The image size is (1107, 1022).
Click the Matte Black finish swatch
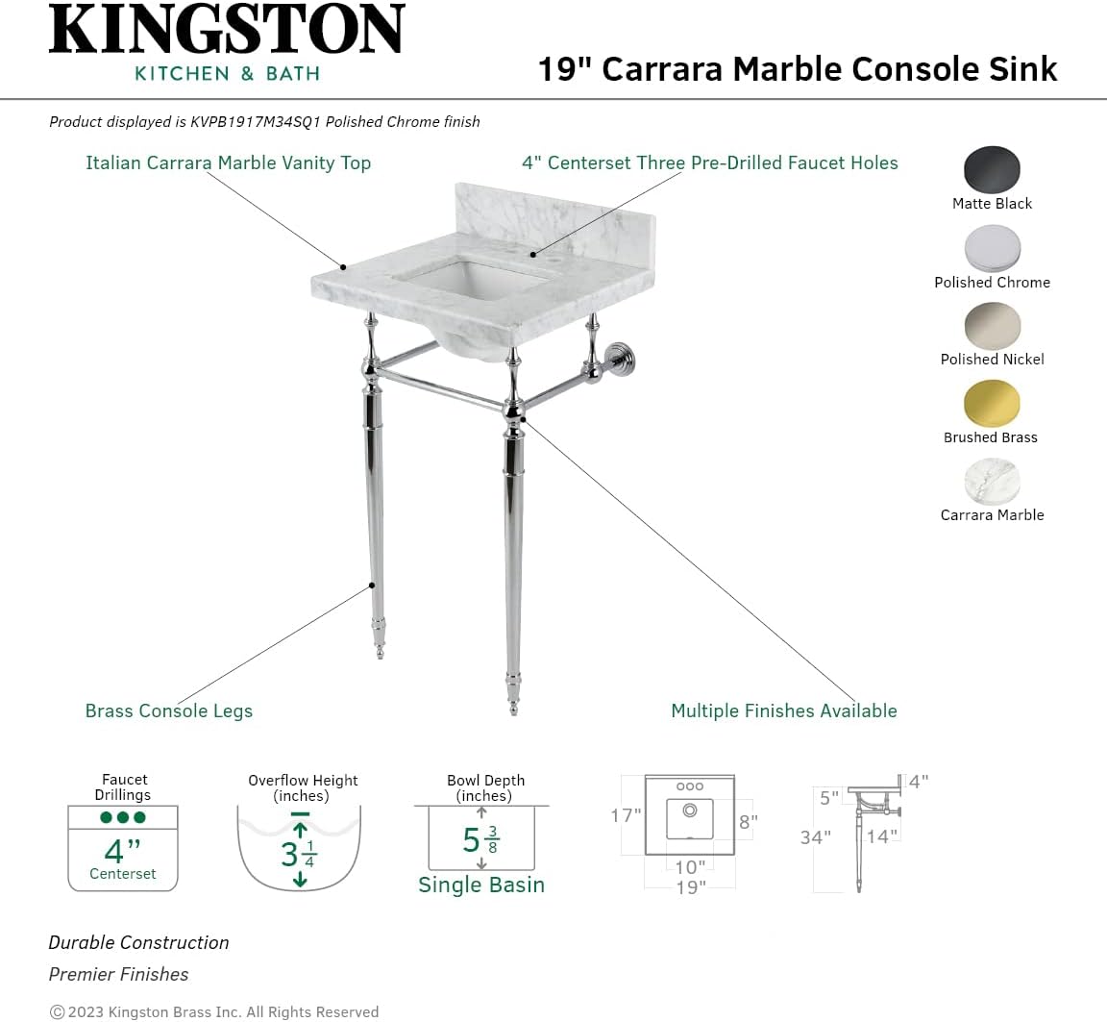pos(992,170)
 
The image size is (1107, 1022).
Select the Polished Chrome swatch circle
pos(992,249)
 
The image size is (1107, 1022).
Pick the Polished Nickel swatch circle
pos(992,326)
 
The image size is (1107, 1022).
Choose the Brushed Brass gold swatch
pos(991,404)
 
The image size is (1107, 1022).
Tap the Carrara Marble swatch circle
pos(992,482)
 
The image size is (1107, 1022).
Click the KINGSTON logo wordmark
pos(227,31)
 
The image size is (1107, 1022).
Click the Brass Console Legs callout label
pos(169,711)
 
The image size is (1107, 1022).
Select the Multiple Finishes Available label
pos(783,711)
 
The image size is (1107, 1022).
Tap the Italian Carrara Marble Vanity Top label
pos(228,162)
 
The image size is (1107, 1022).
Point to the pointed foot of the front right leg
pos(513,702)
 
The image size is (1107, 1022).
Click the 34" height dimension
pos(815,837)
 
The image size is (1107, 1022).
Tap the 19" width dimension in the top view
pos(690,886)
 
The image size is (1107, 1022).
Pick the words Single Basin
pos(480,885)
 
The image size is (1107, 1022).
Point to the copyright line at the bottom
pos(214,1011)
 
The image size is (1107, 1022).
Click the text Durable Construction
pos(139,942)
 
